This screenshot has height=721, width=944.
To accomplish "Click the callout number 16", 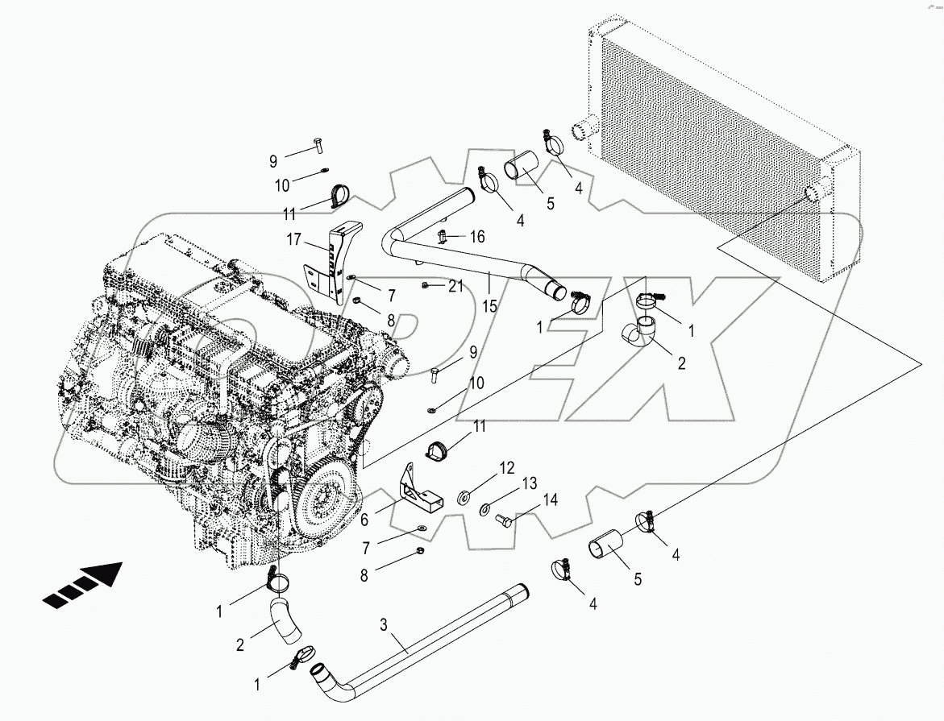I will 477,236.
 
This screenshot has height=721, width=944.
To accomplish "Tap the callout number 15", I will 489,308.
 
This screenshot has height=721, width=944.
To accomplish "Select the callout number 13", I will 528,483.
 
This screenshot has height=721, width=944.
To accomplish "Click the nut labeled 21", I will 425,285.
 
